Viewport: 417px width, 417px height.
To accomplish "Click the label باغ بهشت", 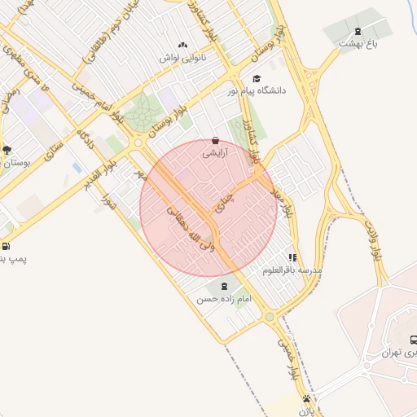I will (x=359, y=43).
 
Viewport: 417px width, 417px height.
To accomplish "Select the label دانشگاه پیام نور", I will (x=258, y=90).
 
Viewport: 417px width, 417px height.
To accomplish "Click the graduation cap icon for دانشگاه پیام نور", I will (x=257, y=78).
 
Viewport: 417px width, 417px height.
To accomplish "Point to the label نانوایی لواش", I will (x=182, y=58).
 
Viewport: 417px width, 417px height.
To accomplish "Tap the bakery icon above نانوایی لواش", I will (x=182, y=46).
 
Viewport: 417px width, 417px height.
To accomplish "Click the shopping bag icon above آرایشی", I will (x=215, y=140).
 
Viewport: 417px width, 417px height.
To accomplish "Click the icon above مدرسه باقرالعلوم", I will (x=292, y=257).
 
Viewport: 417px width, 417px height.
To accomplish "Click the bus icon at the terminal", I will (x=413, y=340).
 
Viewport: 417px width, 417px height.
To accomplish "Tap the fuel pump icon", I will (x=7, y=246).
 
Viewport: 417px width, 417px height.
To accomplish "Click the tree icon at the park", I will (x=7, y=149).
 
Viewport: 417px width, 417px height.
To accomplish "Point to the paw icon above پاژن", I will (x=306, y=399).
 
